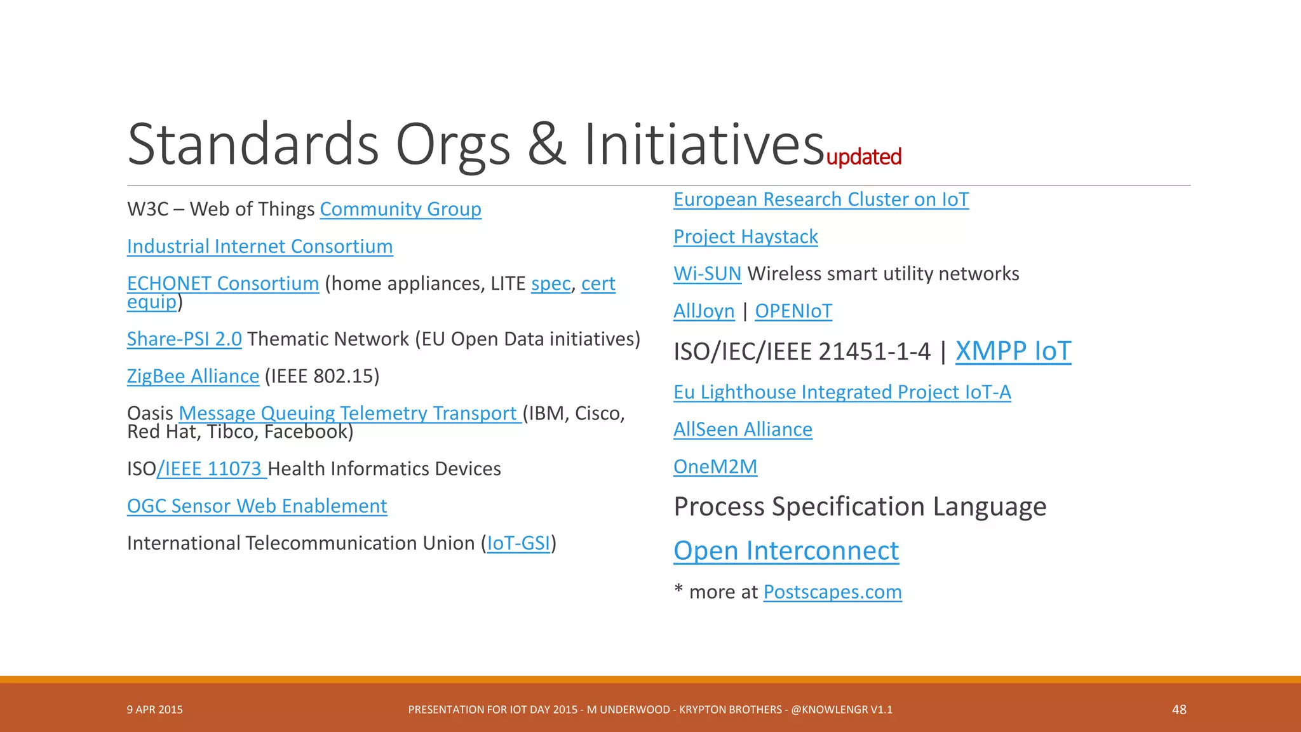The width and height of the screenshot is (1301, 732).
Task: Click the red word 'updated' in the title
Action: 863,157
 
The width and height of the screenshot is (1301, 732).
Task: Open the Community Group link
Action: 400,209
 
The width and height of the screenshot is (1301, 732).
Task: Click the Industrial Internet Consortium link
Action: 260,247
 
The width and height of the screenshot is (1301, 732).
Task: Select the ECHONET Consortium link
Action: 223,283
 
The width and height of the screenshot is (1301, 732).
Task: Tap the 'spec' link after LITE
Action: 551,283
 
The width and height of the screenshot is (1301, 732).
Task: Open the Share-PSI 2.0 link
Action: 184,339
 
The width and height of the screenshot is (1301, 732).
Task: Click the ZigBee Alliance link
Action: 193,376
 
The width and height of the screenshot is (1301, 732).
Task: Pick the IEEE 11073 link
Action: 212,469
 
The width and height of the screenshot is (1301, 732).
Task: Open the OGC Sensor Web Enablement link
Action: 257,506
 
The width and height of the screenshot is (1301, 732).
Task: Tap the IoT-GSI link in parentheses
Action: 518,543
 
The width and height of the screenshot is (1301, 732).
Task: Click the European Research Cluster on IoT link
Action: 821,200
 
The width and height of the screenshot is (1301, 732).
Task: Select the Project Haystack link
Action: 745,237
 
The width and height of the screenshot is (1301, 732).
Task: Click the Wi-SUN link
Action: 707,274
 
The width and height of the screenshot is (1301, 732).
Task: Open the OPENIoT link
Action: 793,311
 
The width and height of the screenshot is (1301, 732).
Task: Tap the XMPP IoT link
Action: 1013,351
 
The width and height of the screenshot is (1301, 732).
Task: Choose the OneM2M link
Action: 715,467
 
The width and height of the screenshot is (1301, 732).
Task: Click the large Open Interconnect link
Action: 786,551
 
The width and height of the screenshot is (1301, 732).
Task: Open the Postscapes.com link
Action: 832,592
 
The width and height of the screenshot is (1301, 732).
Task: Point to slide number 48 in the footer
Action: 1179,710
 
